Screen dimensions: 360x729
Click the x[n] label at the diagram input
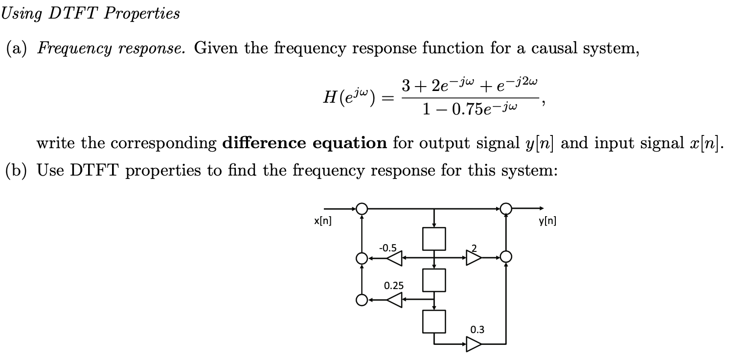tap(322, 221)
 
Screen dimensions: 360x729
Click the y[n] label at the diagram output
tap(547, 221)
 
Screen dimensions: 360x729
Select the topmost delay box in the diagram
tap(434, 238)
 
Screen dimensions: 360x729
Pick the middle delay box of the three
tap(434, 280)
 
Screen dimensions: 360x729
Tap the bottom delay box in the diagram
tap(434, 321)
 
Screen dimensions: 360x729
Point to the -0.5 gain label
tap(388, 247)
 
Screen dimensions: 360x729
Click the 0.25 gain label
tap(394, 285)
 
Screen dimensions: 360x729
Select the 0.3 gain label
tap(477, 329)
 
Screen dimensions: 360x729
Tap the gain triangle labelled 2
tap(473, 257)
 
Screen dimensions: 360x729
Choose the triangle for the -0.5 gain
tap(394, 257)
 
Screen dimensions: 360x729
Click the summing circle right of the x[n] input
tap(362, 209)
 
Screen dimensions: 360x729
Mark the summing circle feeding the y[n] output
tap(506, 209)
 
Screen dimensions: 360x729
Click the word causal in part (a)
tap(555, 48)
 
